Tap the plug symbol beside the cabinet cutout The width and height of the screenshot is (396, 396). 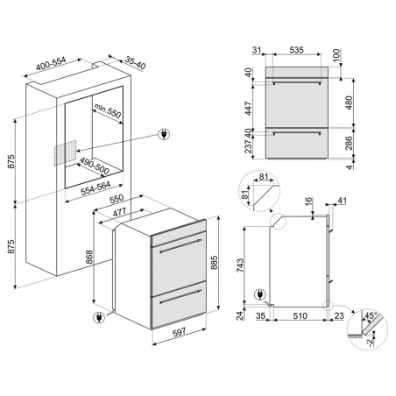[x=162, y=134]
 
